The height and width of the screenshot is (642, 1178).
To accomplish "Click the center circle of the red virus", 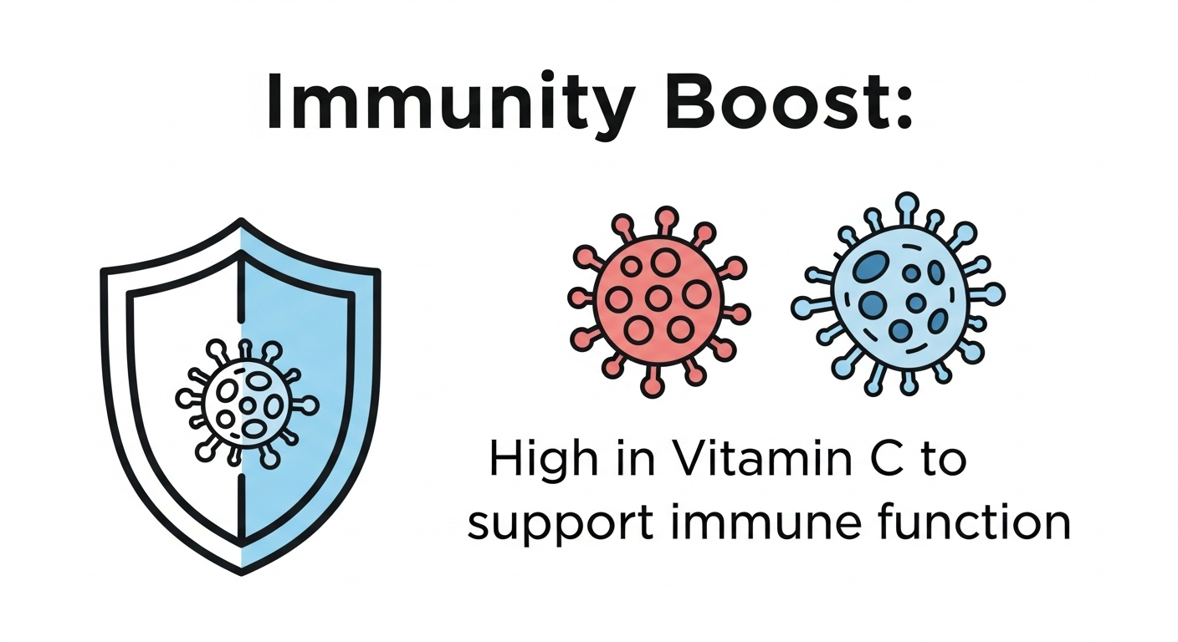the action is pyautogui.click(x=658, y=298).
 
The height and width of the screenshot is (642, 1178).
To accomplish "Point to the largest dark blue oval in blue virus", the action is pyautogui.click(x=873, y=267).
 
